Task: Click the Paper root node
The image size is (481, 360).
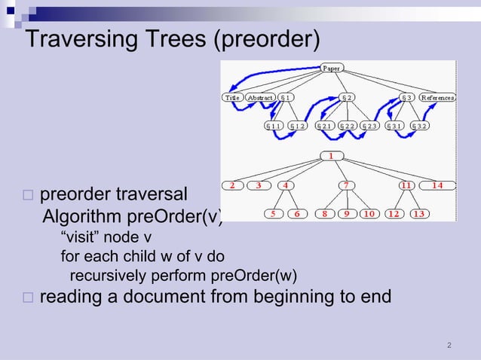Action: [x=332, y=68]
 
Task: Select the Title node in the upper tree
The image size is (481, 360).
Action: [x=231, y=98]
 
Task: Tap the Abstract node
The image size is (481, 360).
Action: [x=260, y=98]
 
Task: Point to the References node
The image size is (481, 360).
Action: [x=437, y=98]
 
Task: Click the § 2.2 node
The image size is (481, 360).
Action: [x=349, y=126]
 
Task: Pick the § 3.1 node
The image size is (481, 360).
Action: [x=395, y=126]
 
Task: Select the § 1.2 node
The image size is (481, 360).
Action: [x=300, y=126]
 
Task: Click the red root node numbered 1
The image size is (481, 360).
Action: [x=331, y=156]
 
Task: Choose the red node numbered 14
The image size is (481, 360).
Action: [x=437, y=185]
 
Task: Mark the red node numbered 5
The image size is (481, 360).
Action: [x=273, y=213]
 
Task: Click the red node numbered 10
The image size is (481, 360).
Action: [x=369, y=213]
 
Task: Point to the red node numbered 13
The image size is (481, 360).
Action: [x=418, y=213]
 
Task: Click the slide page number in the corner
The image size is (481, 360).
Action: [x=449, y=346]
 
